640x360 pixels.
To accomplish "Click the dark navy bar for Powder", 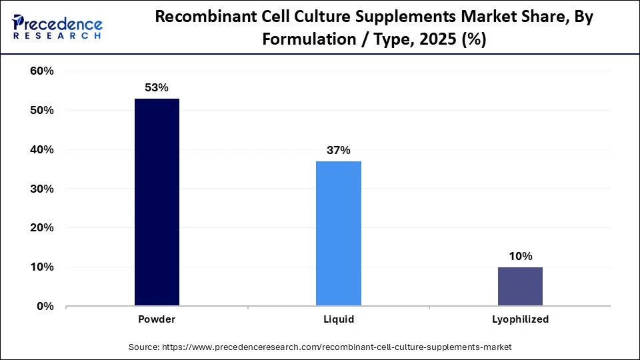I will click(x=157, y=202).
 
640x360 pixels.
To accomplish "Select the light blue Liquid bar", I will click(x=339, y=233).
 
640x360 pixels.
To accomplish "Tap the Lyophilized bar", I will click(x=520, y=286).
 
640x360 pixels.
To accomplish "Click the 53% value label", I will click(x=157, y=87).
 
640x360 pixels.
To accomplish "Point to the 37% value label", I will click(x=339, y=150).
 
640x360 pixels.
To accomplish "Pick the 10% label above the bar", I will click(x=520, y=256).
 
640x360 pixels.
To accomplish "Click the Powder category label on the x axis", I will click(x=157, y=319).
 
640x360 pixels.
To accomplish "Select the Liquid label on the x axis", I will click(x=339, y=319).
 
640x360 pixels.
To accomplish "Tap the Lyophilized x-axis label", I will click(x=520, y=319).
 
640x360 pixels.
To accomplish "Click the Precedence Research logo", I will click(x=57, y=26).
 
